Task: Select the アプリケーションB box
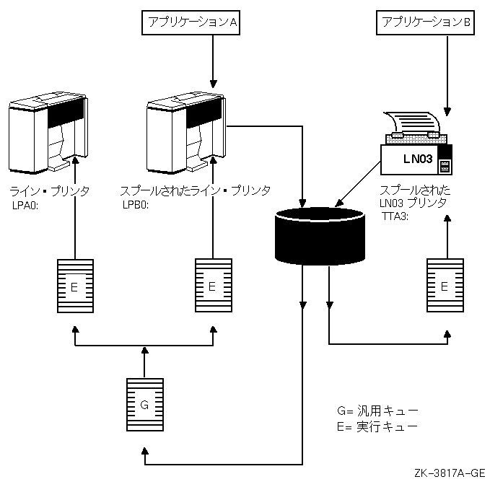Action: point(426,23)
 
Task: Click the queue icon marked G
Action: point(144,405)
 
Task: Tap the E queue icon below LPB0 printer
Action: point(212,286)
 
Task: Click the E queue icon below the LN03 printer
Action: point(445,286)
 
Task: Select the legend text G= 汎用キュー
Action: point(377,411)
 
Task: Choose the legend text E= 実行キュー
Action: point(377,426)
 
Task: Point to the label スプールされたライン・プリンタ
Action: point(195,190)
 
